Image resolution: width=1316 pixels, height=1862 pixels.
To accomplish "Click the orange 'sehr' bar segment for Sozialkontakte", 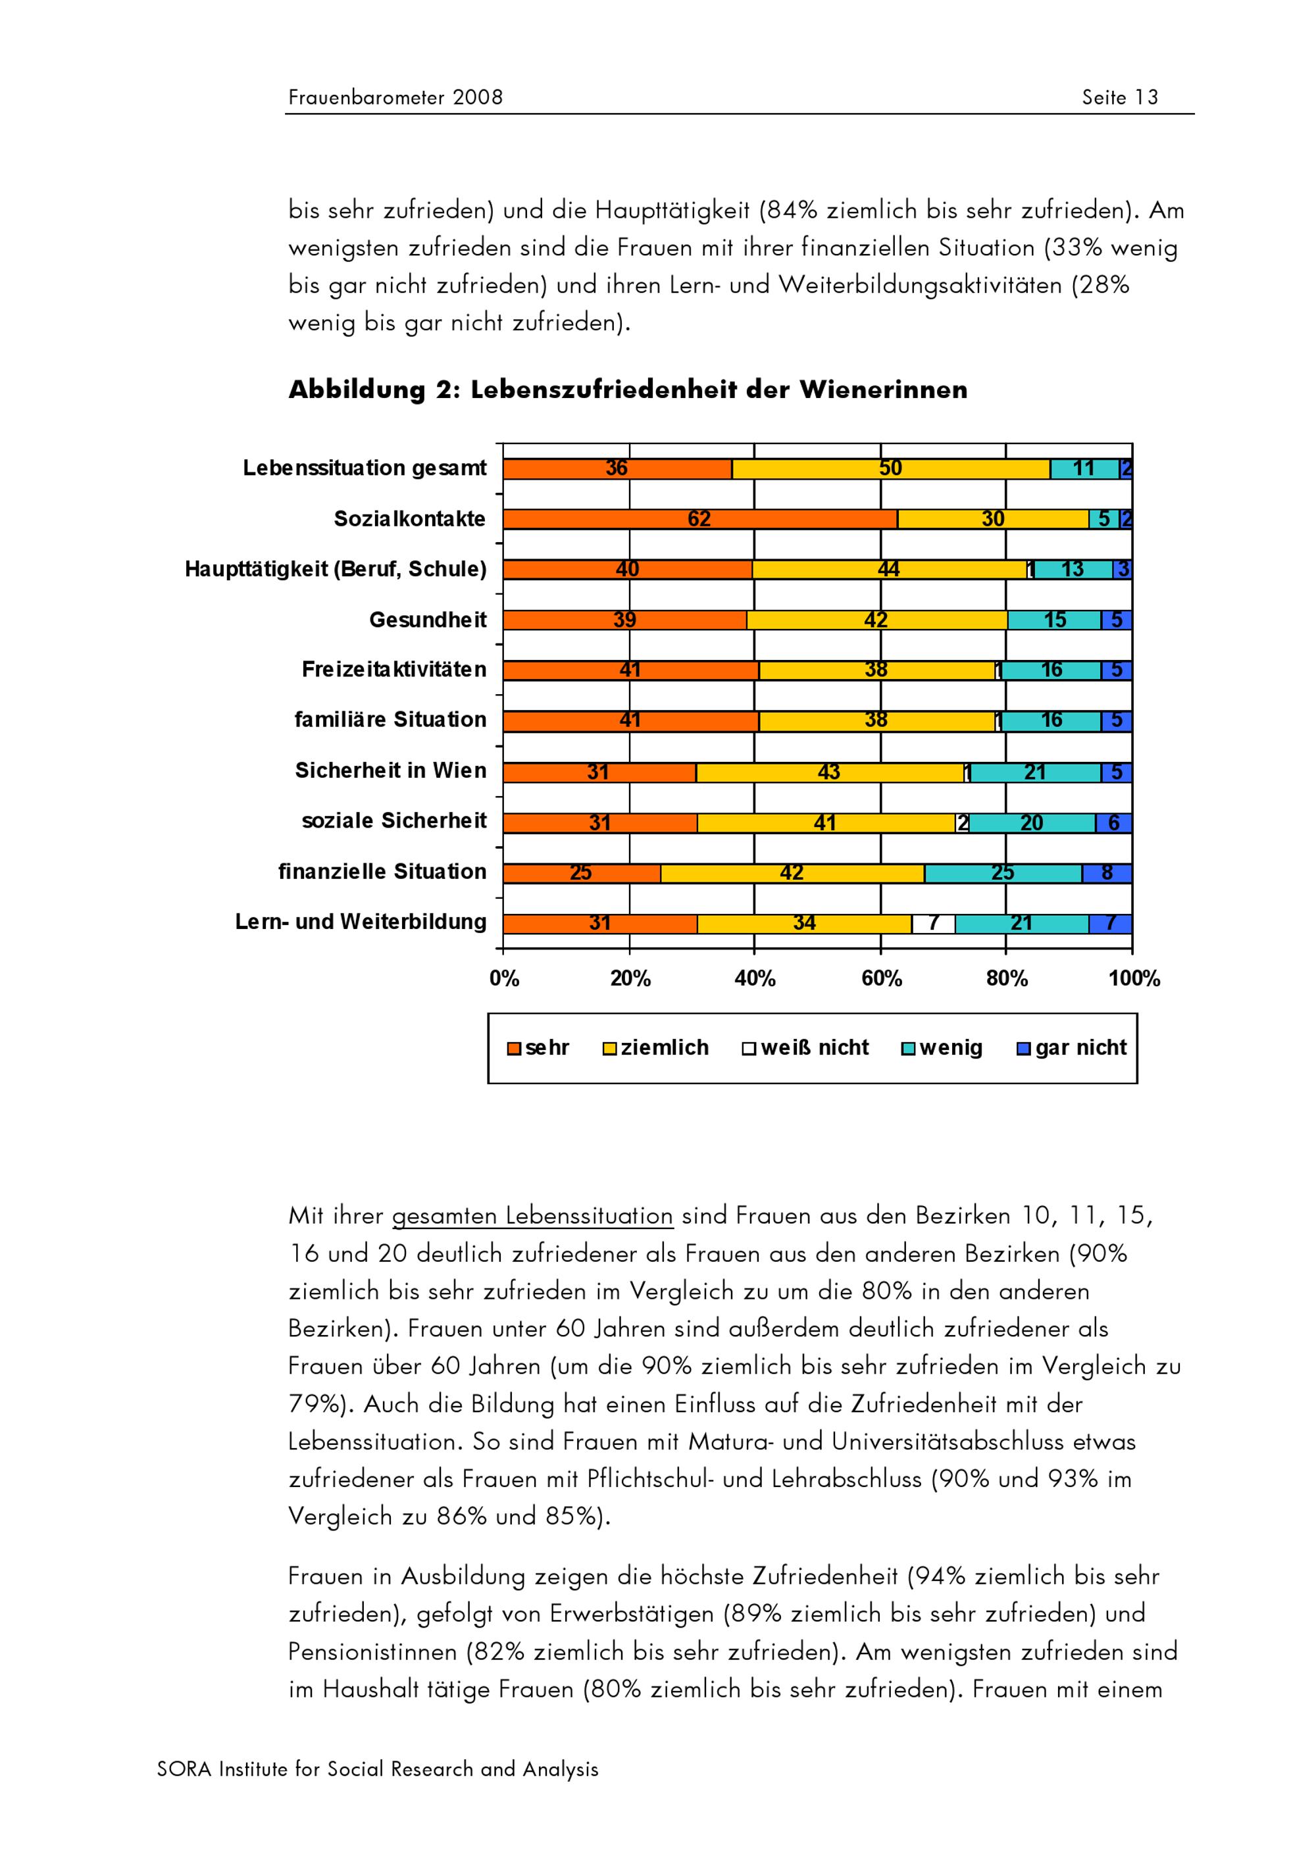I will point(699,519).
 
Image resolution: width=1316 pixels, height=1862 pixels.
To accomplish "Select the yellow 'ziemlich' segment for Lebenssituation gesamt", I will point(890,468).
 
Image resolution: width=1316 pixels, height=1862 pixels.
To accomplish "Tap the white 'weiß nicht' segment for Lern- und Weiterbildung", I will point(932,924).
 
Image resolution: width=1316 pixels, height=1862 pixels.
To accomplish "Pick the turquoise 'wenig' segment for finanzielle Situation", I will point(1003,873).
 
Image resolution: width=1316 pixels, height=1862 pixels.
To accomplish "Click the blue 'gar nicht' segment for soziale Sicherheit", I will point(1113,823).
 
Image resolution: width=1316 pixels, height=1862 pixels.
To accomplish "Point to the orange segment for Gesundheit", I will point(624,620).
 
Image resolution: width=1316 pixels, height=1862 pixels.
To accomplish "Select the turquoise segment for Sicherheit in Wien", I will point(1036,772).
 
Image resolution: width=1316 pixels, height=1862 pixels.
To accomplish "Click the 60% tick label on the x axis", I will point(881,979).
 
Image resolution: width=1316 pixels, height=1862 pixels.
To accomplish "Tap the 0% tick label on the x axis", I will point(503,979).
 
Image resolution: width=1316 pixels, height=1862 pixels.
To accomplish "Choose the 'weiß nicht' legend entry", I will point(805,1047).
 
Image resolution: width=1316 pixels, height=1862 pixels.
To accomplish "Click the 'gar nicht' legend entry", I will point(1072,1047).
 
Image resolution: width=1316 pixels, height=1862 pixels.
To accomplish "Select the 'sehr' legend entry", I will point(538,1047).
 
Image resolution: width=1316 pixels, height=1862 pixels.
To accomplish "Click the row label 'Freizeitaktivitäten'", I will point(394,670).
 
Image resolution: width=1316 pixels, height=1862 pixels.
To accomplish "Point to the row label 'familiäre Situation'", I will point(390,720).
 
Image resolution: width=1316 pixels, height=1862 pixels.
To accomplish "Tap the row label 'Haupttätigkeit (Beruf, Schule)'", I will point(336,569).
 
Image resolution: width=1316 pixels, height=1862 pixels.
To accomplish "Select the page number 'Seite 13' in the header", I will point(1120,98).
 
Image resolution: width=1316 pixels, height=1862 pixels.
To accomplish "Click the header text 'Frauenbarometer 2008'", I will point(395,98).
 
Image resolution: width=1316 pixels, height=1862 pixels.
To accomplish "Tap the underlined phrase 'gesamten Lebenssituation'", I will point(532,1217).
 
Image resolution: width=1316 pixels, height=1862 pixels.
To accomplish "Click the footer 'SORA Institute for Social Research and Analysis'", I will point(378,1769).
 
